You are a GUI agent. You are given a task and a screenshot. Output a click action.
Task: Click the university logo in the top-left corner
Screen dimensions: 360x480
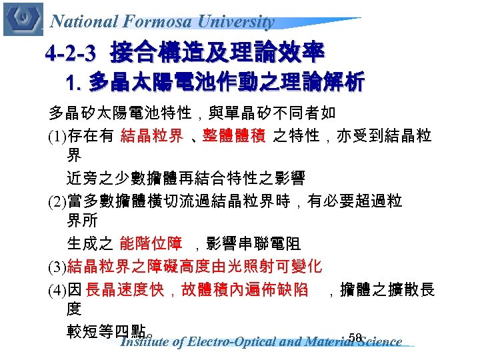(x=23, y=19)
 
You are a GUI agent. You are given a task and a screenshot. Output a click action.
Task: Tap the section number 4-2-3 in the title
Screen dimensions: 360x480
(x=74, y=53)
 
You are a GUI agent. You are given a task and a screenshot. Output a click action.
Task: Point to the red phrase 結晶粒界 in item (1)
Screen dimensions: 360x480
(x=151, y=137)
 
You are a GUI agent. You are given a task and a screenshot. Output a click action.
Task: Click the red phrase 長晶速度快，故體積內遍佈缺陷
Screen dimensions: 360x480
(x=197, y=290)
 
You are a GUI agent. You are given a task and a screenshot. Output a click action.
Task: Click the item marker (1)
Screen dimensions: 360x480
(x=57, y=137)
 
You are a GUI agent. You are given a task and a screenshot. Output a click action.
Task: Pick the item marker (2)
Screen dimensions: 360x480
(x=57, y=201)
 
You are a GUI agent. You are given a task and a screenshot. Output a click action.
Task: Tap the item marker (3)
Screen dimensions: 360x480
(x=57, y=268)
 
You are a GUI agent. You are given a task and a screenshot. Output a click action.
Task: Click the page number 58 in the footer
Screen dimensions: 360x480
(x=354, y=338)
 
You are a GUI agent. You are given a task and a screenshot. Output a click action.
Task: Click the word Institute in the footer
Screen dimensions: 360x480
(x=143, y=343)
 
